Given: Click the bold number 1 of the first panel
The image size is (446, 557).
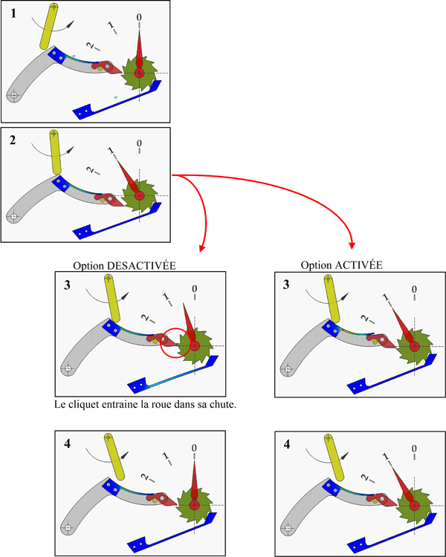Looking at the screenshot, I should click(12, 12).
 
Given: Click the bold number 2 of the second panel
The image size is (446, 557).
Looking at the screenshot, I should click(13, 140).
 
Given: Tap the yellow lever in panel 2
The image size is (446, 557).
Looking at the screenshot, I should click(55, 152).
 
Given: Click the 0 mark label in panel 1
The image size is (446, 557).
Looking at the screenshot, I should click(139, 16).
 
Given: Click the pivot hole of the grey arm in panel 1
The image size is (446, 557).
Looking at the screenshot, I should click(13, 94).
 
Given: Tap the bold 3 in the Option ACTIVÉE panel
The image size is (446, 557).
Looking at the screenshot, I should click(287, 284).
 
